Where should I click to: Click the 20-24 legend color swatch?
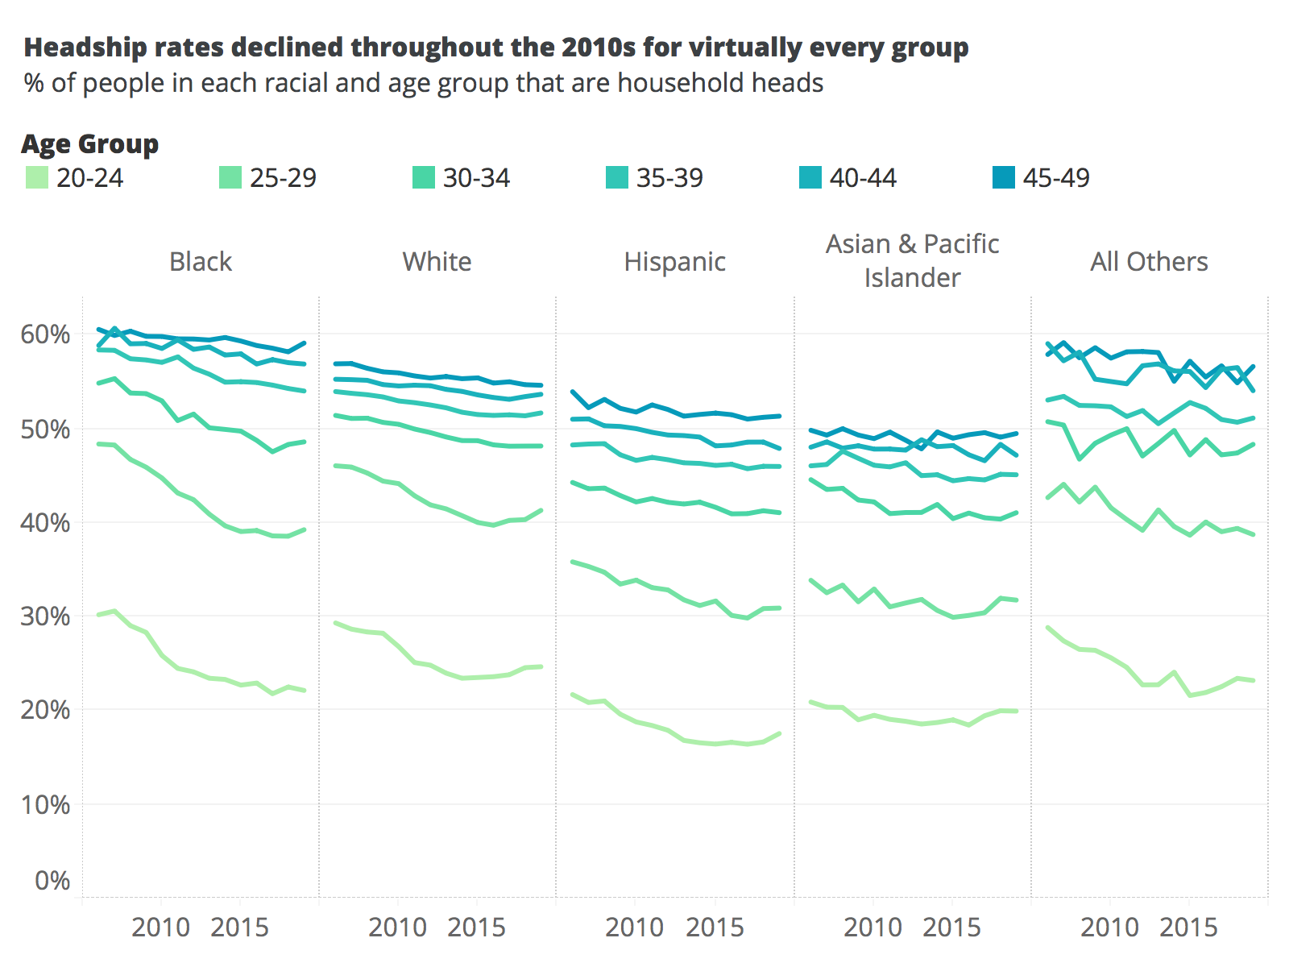tap(37, 177)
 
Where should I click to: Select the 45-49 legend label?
tap(1055, 177)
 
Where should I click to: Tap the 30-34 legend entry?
tap(475, 177)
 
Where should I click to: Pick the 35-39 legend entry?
tap(669, 177)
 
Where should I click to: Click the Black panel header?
tap(201, 262)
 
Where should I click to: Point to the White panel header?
tap(437, 262)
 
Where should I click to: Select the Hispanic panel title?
tap(674, 262)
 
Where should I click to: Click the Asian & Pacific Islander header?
tap(912, 260)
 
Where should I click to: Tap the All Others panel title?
tap(1149, 262)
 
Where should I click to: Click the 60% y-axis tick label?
tap(45, 334)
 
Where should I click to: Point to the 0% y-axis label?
tap(52, 880)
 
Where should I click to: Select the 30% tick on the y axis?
tap(45, 616)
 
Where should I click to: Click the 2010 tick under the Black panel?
tap(160, 928)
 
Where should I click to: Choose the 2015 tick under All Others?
tap(1188, 928)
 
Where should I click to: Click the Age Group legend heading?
tap(90, 144)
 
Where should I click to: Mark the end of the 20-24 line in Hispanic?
tap(779, 733)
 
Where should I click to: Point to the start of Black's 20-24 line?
tap(98, 615)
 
